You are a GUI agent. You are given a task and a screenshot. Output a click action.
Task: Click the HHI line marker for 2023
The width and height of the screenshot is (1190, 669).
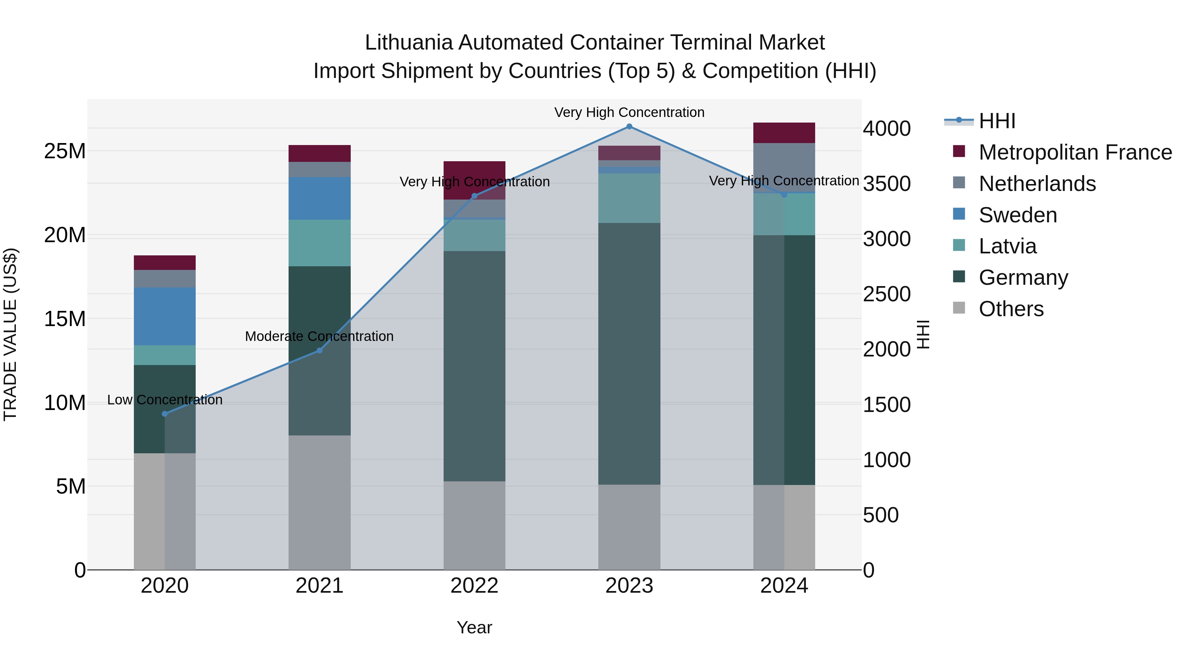click(629, 127)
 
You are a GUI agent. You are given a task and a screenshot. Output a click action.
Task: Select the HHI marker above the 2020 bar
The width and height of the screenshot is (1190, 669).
click(165, 414)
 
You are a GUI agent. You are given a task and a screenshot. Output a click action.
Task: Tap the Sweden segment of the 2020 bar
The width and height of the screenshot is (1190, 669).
click(165, 316)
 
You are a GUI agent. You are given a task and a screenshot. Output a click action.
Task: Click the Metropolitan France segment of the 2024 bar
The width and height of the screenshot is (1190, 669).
click(784, 133)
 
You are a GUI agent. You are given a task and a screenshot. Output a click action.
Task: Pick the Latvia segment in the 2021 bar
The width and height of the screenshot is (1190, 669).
click(320, 243)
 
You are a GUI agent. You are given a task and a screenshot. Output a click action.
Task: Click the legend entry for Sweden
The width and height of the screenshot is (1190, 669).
click(1018, 215)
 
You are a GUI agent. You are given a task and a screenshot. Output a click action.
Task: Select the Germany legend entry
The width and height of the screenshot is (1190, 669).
click(1023, 278)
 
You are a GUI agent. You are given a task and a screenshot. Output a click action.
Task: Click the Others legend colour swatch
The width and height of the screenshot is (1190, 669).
click(959, 308)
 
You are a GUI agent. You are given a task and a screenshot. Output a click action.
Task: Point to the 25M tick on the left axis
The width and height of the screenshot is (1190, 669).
click(65, 151)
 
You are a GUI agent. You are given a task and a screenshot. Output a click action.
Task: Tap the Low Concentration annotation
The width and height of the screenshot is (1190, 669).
click(165, 400)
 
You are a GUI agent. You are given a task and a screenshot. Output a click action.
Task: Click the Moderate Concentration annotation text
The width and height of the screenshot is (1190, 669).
click(319, 337)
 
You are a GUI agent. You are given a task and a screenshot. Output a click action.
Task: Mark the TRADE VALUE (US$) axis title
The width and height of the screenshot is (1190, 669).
click(10, 334)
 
